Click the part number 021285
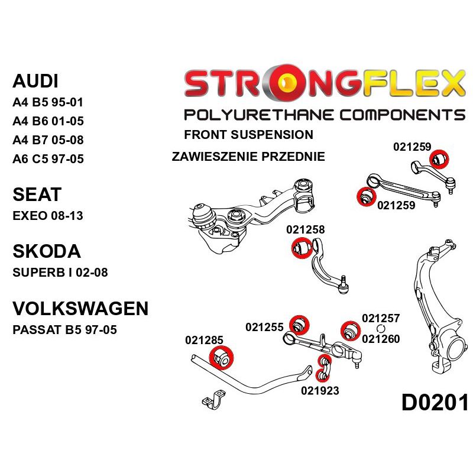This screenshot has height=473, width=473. [x=204, y=340]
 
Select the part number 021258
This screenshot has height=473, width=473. [x=306, y=230]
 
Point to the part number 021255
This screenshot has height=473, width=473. [x=265, y=326]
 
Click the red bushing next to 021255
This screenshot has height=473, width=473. [x=299, y=325]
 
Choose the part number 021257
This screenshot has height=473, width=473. [x=381, y=319]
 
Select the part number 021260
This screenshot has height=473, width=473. [x=381, y=339]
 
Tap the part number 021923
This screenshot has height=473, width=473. [x=320, y=390]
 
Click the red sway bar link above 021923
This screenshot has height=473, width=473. [x=322, y=367]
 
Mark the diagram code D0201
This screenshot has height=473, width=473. [x=435, y=403]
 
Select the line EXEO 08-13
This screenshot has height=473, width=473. [x=47, y=216]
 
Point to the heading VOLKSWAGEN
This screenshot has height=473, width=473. [x=80, y=308]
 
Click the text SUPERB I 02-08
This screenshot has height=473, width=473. [x=60, y=273]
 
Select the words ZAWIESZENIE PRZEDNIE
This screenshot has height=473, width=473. [x=248, y=157]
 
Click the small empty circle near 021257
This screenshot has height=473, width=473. [x=380, y=329]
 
